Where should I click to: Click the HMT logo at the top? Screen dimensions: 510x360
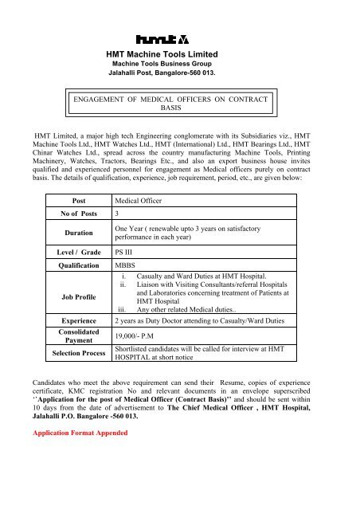click(x=179, y=37)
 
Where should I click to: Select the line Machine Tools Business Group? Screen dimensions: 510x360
click(x=179, y=63)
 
